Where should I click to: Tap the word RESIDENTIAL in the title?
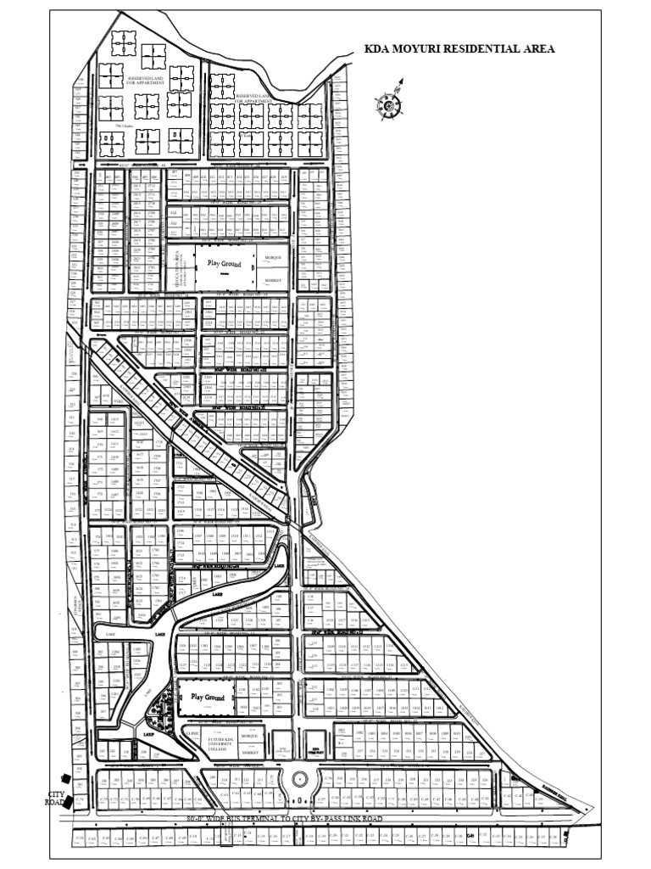click(x=481, y=49)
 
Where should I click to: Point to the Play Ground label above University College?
click(x=209, y=698)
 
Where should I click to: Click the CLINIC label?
click(x=193, y=730)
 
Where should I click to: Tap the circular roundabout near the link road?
click(x=298, y=780)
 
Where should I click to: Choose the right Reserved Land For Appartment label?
click(x=263, y=98)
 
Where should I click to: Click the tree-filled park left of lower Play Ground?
click(x=164, y=704)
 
